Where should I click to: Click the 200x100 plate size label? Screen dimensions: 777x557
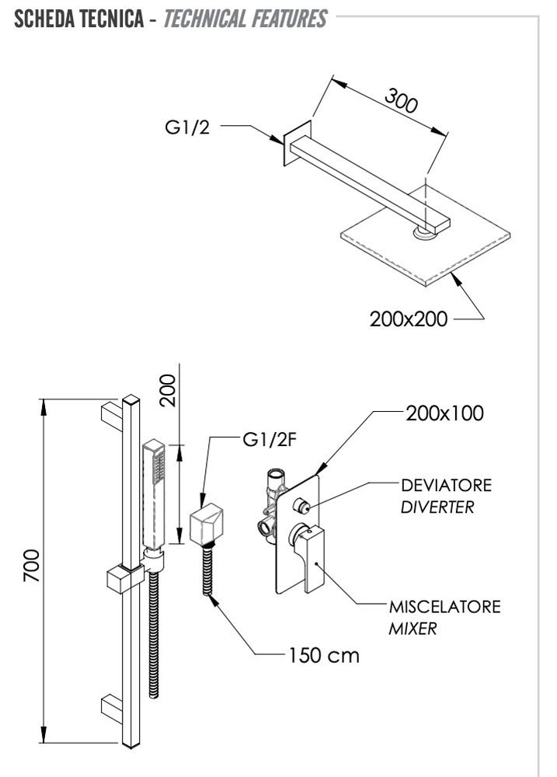pyautogui.click(x=445, y=413)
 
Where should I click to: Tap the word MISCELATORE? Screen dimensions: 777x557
pyautogui.click(x=445, y=605)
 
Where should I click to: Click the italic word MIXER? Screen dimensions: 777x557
pyautogui.click(x=412, y=629)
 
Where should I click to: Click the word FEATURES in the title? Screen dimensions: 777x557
pyautogui.click(x=283, y=19)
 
